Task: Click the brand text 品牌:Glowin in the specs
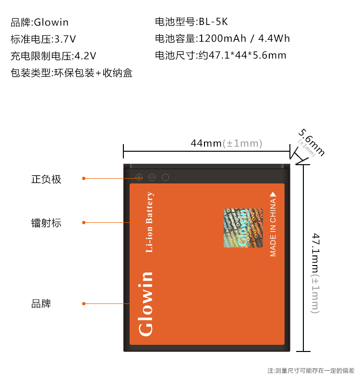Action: [x=39, y=23]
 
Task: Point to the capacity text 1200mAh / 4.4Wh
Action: [x=244, y=39]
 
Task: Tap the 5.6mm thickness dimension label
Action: [x=311, y=143]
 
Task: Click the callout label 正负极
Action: [x=46, y=180]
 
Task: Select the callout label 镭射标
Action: [x=46, y=223]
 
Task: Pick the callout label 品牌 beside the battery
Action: [x=41, y=304]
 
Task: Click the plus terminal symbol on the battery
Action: [x=139, y=177]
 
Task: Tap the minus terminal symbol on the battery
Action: [x=152, y=177]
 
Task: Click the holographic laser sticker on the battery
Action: [x=243, y=228]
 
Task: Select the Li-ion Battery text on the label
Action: [x=149, y=222]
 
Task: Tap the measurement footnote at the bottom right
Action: [x=311, y=371]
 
